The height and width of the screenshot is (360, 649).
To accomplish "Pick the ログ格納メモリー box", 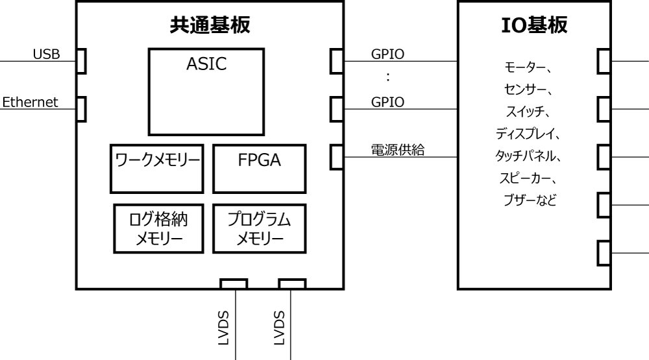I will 160,229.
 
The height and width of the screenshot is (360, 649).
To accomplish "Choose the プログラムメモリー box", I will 259,229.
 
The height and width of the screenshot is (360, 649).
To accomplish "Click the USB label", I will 47,54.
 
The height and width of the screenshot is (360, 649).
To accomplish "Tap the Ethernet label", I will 30,102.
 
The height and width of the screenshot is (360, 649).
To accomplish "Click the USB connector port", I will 81,61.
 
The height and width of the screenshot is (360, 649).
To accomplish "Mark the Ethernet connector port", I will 81,108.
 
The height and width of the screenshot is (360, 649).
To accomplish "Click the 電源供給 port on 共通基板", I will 336,156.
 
